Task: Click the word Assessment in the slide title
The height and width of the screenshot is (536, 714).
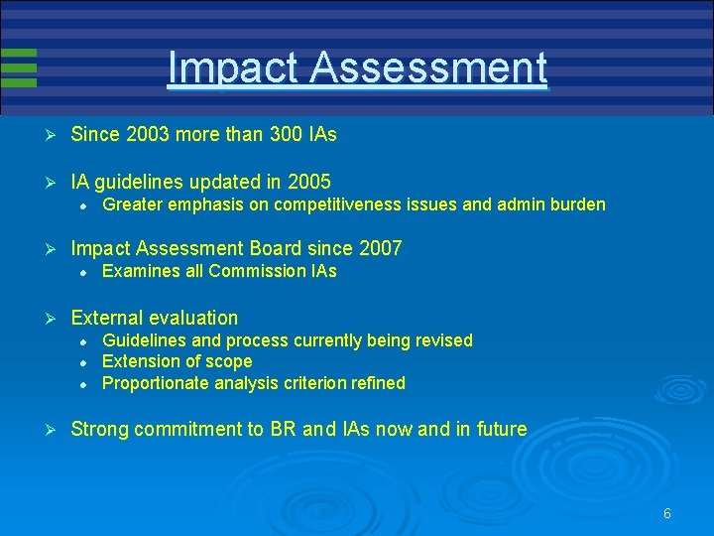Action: tap(428, 68)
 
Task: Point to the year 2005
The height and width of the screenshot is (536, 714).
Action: tap(308, 183)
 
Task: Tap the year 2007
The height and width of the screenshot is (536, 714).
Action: tap(380, 248)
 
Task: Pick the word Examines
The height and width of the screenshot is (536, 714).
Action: tap(140, 271)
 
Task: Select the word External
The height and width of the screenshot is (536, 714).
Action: tap(108, 318)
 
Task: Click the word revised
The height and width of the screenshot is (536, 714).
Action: tap(442, 340)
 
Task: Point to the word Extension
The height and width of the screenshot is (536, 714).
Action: tap(141, 361)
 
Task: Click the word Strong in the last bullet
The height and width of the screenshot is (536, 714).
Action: tap(99, 429)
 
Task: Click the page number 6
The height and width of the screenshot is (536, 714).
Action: tap(667, 513)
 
